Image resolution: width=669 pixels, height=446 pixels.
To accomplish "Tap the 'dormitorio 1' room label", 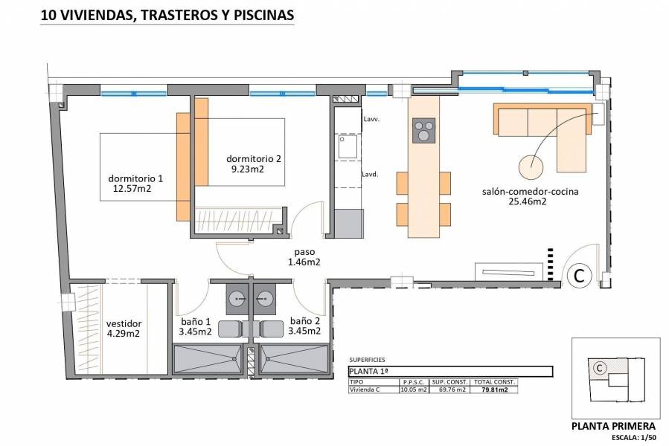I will click(x=135, y=178).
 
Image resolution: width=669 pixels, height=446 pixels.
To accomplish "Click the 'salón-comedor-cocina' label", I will click(x=530, y=191).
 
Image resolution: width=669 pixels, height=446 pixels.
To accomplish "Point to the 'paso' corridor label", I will click(x=304, y=251).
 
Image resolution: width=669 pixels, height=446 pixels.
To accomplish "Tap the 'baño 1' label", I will click(x=196, y=321).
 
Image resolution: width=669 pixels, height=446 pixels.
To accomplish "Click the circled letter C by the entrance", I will click(x=577, y=275).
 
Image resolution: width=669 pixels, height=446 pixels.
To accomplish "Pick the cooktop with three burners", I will click(x=423, y=131).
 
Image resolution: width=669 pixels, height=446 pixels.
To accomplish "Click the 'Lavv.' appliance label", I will click(x=371, y=119).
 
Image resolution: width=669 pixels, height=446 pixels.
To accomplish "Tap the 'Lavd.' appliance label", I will click(x=371, y=175).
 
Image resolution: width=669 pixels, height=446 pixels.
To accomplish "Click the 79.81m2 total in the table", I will click(x=492, y=389).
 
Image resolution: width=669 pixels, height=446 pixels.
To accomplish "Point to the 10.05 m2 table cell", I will click(x=414, y=389).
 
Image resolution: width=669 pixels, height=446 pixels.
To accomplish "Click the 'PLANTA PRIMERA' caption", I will click(x=612, y=426).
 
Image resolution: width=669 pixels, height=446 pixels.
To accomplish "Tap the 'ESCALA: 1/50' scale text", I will click(x=633, y=438).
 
